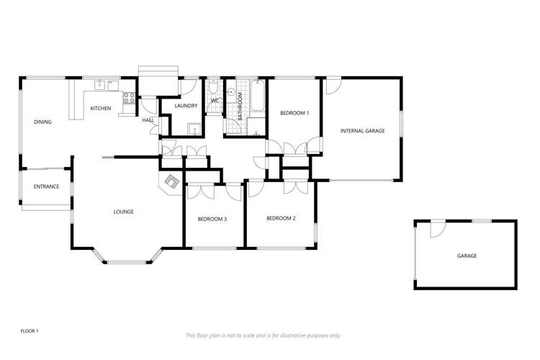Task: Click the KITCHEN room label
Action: point(100,109)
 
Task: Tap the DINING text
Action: point(42,122)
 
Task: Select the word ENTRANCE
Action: point(46,187)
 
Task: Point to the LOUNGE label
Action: point(124,212)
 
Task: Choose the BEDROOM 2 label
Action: point(281,218)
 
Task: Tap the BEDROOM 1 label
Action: point(294,113)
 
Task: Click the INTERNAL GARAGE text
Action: point(363,131)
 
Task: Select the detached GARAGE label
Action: point(467,256)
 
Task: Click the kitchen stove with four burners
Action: point(130,99)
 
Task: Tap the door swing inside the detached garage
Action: point(436,229)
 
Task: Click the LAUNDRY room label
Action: point(186,106)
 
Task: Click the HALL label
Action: point(148,120)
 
